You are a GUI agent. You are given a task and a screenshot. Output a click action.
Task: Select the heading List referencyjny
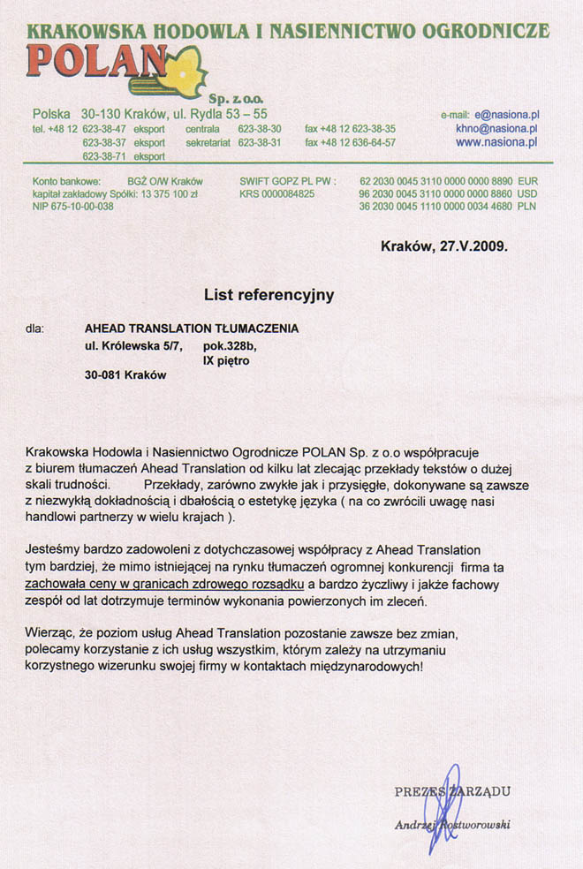point(269,295)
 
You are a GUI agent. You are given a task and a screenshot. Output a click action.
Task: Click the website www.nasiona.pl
point(497,141)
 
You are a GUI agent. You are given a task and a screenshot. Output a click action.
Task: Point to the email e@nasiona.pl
point(507,115)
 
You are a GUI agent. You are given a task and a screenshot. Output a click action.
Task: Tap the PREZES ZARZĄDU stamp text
point(452,791)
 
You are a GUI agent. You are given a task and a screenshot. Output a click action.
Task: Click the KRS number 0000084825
point(277,193)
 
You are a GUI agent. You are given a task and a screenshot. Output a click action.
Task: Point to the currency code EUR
point(527,181)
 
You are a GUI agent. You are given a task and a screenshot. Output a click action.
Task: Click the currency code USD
point(527,193)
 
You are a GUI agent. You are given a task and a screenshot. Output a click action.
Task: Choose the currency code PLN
point(527,206)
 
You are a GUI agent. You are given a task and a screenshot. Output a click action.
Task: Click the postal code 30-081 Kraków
point(125,374)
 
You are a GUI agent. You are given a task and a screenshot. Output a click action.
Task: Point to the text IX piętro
point(227,360)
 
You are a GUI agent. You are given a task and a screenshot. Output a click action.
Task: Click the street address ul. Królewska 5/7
point(133,346)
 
